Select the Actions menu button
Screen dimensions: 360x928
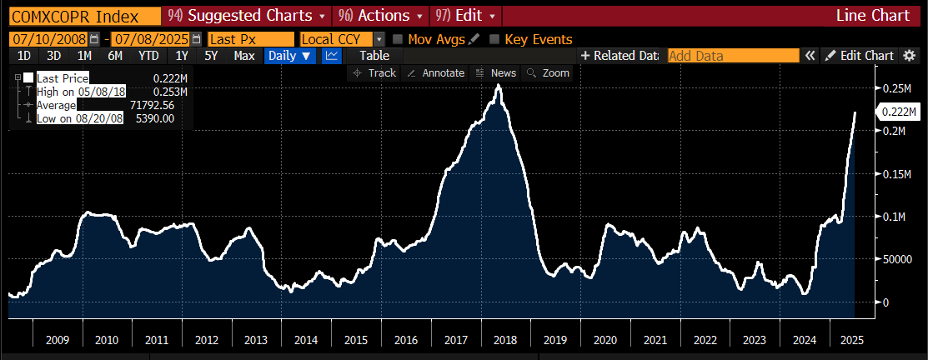pyautogui.click(x=380, y=15)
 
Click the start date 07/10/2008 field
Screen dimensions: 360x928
pyautogui.click(x=49, y=39)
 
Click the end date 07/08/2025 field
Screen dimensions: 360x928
pyautogui.click(x=151, y=39)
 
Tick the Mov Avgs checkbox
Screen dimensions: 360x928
pyautogui.click(x=398, y=39)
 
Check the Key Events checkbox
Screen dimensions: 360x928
pyautogui.click(x=494, y=39)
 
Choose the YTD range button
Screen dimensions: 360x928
pyautogui.click(x=148, y=56)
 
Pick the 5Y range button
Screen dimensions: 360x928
pyautogui.click(x=211, y=56)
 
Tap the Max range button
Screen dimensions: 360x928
pyautogui.click(x=244, y=56)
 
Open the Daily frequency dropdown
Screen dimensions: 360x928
pyautogui.click(x=289, y=56)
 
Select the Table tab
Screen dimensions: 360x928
pyautogui.click(x=374, y=56)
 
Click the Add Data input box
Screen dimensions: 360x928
pyautogui.click(x=733, y=56)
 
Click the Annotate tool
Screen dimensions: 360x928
pyautogui.click(x=436, y=72)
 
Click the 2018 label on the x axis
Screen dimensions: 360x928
pyautogui.click(x=504, y=340)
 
